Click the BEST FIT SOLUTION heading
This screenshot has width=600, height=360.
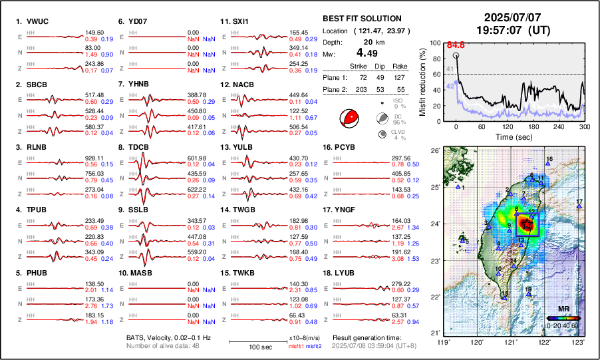click(361, 19)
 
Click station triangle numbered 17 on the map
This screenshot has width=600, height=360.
click(579, 207)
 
